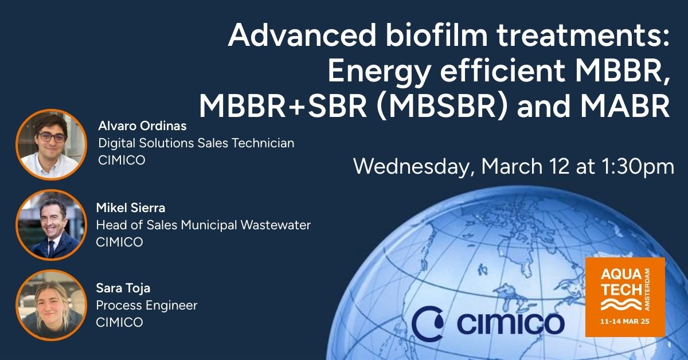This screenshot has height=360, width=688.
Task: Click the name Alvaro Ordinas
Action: coord(142,126)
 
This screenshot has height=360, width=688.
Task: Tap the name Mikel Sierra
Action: coord(131,208)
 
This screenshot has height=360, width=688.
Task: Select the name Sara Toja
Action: coord(123,288)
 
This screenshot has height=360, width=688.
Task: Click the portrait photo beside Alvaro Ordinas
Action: coord(51,144)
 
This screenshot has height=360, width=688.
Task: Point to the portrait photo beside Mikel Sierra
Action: coord(51,225)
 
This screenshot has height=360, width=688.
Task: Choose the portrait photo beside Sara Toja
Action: coord(51,305)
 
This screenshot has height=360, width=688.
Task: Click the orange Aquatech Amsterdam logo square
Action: coord(625,297)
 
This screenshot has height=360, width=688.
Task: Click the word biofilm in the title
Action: coord(436,35)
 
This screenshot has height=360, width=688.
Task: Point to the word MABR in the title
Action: coord(624,106)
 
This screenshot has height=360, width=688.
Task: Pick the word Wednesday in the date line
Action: coord(412,167)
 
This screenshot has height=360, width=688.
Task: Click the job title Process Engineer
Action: coord(147,306)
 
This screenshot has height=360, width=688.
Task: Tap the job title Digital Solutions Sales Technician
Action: coord(196,143)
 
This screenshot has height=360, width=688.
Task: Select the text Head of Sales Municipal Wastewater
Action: coord(204,225)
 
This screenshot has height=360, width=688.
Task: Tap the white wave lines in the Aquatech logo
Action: coord(621,304)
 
